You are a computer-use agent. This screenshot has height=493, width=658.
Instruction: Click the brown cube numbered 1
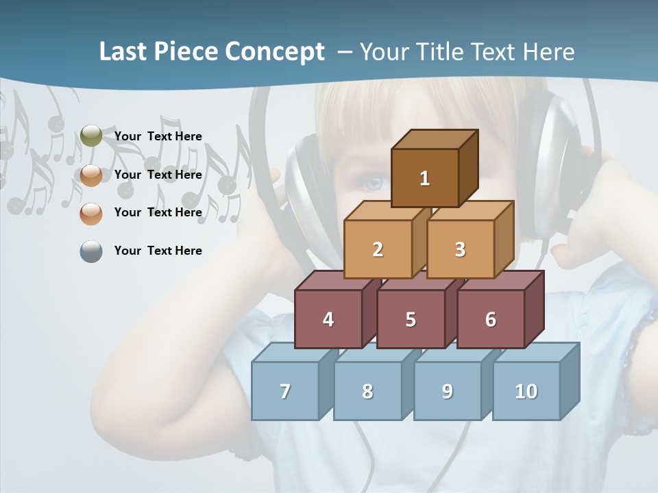pos(425,178)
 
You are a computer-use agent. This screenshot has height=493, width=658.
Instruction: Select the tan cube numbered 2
pos(378,249)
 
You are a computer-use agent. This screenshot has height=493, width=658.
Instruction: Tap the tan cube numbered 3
pos(460,249)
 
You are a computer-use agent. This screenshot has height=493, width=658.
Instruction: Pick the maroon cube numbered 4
pos(328,319)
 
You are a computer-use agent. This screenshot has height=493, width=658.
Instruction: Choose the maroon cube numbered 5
pos(411,319)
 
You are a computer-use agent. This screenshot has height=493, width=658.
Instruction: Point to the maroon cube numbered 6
pos(491,319)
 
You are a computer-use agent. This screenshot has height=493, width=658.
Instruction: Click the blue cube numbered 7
pos(285,391)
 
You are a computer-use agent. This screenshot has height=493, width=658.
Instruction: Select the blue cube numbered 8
pos(367,391)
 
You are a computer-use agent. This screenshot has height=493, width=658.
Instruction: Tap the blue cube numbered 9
pos(448,391)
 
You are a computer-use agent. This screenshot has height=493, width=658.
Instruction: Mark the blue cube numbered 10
pos(526,391)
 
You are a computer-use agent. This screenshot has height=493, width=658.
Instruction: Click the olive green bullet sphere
pos(91,136)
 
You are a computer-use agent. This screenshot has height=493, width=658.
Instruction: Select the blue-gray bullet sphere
pos(91,251)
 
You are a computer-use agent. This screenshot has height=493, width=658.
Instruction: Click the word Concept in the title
pos(275,52)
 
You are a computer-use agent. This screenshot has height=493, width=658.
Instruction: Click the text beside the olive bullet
pos(158,136)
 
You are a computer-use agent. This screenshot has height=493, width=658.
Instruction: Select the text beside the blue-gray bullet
pos(158,251)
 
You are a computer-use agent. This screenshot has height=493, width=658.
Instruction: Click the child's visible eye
pos(374,184)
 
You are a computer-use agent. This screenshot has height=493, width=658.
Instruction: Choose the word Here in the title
pos(549,52)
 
